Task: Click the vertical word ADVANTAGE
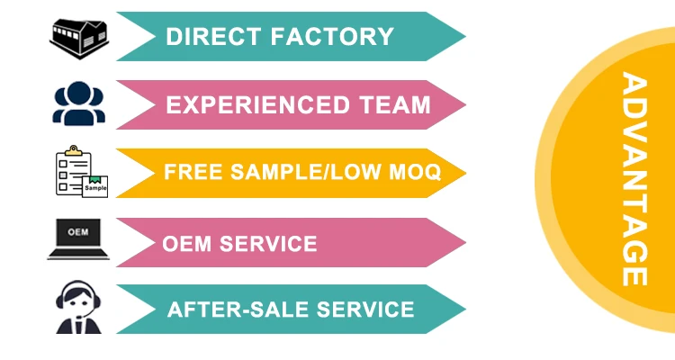634,180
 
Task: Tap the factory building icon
79,36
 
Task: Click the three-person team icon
79,103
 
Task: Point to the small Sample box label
95,187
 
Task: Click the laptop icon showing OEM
78,238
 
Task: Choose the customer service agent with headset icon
79,308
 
